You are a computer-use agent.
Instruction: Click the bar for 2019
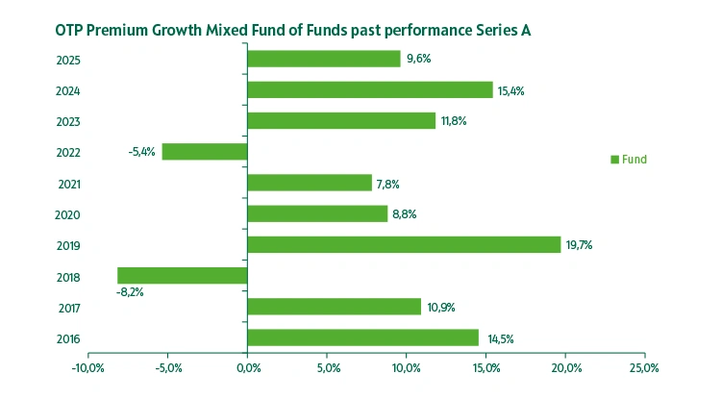point(404,245)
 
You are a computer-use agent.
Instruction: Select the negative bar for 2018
point(183,276)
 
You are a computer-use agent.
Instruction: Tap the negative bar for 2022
point(205,152)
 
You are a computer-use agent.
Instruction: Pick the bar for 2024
point(370,89)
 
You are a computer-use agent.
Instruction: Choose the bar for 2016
point(362,337)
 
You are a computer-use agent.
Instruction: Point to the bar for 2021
point(310,183)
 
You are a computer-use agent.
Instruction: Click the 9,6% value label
point(419,59)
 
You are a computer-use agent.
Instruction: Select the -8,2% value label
point(129,292)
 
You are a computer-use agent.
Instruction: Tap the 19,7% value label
point(579,245)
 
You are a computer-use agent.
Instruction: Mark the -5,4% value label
point(141,152)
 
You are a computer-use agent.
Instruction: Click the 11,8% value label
point(453,121)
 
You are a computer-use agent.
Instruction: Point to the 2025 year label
point(68,61)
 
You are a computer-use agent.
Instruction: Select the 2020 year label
point(68,215)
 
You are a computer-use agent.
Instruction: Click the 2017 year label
point(68,309)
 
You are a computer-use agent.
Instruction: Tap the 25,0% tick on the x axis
point(644,368)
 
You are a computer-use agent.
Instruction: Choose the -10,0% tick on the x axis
point(87,368)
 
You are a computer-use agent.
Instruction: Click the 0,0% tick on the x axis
point(247,368)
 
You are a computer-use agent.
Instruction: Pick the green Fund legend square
point(615,160)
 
